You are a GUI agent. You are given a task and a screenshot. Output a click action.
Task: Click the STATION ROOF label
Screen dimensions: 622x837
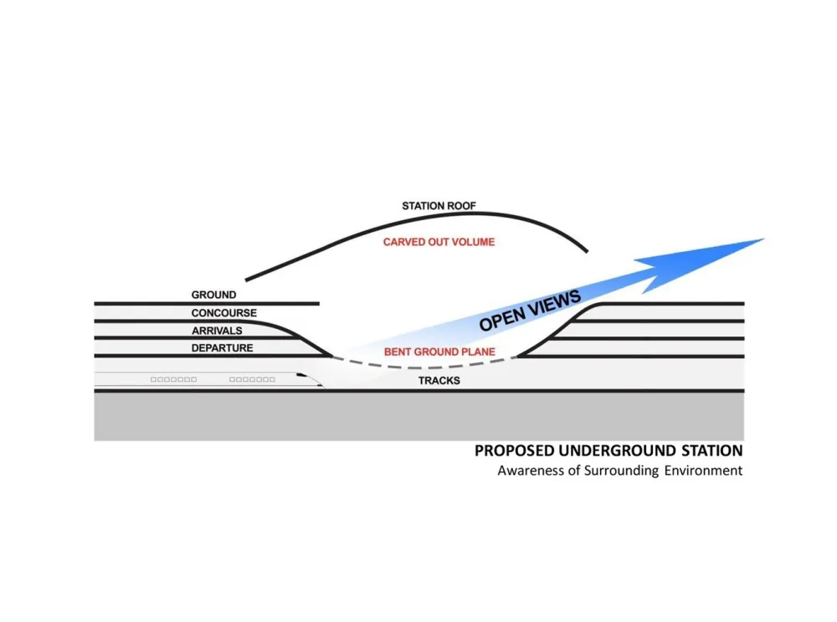click(439, 206)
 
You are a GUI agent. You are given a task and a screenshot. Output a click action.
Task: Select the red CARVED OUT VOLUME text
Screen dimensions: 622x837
click(439, 242)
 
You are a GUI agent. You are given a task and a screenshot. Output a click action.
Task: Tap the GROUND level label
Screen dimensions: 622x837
click(213, 295)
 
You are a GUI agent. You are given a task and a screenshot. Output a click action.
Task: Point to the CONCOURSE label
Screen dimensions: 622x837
click(223, 313)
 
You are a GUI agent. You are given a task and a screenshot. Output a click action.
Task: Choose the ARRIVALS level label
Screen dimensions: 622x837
click(217, 331)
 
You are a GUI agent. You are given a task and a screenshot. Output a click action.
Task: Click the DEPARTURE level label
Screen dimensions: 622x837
click(222, 348)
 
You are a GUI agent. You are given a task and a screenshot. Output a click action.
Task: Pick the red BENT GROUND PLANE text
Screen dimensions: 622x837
click(439, 352)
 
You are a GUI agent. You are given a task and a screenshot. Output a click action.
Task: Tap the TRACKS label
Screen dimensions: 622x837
click(439, 381)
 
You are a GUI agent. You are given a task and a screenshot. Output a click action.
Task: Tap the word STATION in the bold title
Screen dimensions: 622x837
click(708, 450)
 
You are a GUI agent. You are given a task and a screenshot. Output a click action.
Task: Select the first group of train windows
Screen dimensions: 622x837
click(173, 380)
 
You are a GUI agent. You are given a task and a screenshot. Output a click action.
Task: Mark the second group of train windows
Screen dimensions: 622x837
click(252, 380)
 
